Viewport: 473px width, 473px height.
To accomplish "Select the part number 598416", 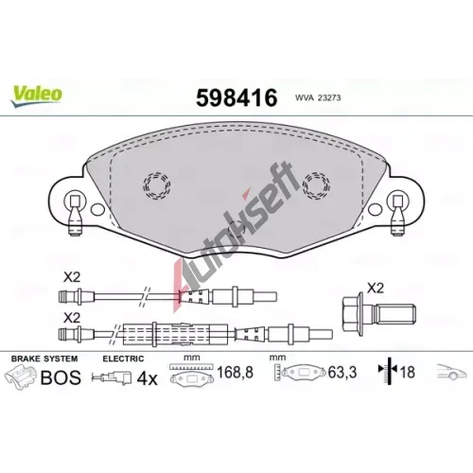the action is [x=236, y=97].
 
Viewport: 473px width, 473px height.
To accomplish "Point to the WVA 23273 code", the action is [x=318, y=98].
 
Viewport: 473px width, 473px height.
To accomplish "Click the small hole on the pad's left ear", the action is [x=97, y=209].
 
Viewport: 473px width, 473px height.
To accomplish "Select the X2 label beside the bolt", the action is [x=376, y=289].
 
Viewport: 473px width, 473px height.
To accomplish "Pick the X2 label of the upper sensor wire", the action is [x=72, y=277].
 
